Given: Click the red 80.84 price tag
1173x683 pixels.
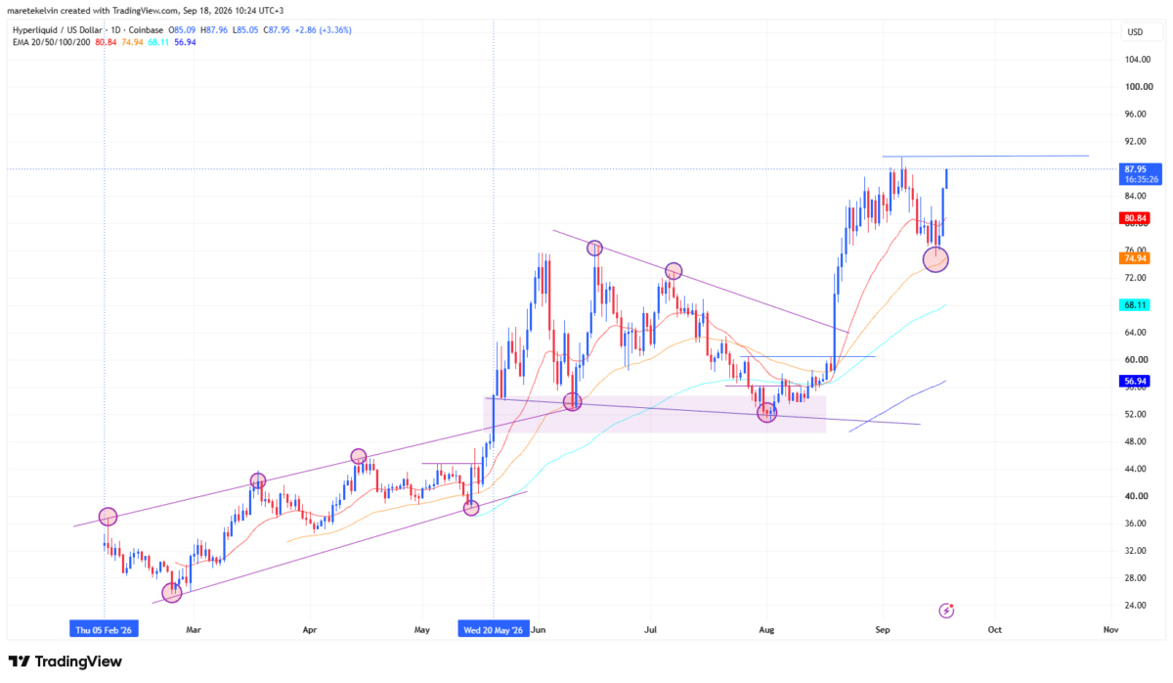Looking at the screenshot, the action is pos(1134,218).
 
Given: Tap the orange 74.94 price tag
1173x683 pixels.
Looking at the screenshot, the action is pos(1134,258).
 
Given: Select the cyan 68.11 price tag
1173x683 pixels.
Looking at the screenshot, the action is pos(1134,305).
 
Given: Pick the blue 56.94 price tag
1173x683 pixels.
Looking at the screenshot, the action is pos(1134,381).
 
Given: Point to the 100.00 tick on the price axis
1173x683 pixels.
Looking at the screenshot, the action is pos(1139,87).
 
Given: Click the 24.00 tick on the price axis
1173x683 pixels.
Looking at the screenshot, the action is pos(1136,606).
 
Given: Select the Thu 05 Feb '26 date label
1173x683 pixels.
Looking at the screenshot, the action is pos(104,630).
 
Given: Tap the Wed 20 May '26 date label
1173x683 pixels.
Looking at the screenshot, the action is pos(494,630).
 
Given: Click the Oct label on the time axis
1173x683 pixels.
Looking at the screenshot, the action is pos(994,630).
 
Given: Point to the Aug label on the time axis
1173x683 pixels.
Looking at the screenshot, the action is pos(766,630).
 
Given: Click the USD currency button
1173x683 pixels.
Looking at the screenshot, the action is pos(1135,32).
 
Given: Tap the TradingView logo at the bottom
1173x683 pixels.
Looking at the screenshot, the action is pos(65,661).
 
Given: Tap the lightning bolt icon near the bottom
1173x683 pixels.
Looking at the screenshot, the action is pos(946,611).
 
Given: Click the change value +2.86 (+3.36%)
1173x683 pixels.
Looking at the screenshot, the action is pos(324,30).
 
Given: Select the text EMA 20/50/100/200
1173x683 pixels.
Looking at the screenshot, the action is pos(51,42).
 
